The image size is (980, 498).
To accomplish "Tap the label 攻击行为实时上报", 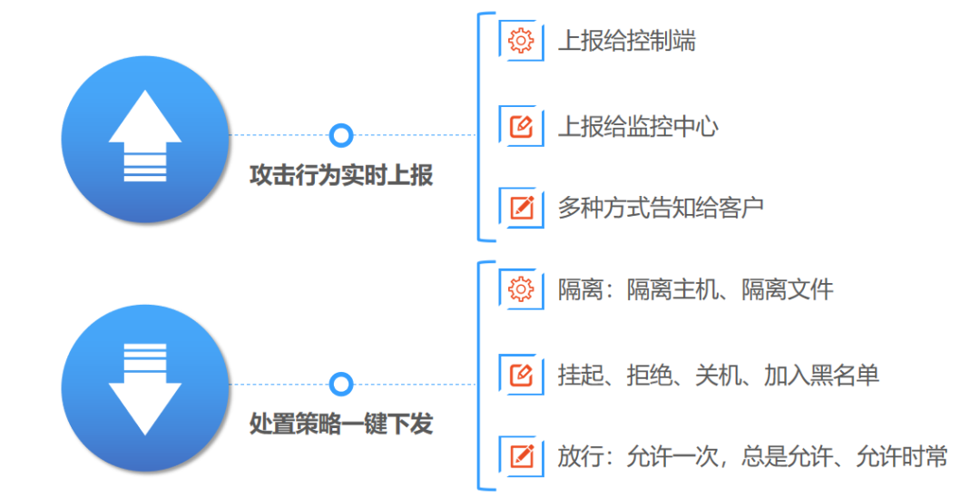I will (x=341, y=176).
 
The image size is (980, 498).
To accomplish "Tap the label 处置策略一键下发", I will (x=341, y=424).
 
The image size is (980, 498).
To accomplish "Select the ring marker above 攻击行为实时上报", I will (x=341, y=136).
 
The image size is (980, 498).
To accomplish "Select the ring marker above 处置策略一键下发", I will (x=341, y=384).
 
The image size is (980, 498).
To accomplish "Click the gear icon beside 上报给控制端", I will (x=521, y=41).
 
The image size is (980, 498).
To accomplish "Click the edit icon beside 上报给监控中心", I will (x=521, y=125).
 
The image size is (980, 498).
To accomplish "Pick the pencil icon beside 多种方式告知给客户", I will (x=521, y=207).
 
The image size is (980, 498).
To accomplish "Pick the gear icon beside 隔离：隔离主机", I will (x=521, y=289).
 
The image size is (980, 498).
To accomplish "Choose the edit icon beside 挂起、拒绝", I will (x=521, y=373).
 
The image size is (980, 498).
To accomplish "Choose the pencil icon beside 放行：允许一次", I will (x=521, y=455).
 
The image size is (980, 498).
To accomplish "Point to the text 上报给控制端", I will (x=626, y=42).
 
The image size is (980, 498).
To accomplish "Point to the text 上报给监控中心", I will (x=637, y=126).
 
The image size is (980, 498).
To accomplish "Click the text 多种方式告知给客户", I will (x=661, y=208).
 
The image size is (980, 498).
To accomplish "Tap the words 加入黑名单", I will (x=821, y=374).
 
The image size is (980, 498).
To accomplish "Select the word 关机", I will (x=718, y=374).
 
